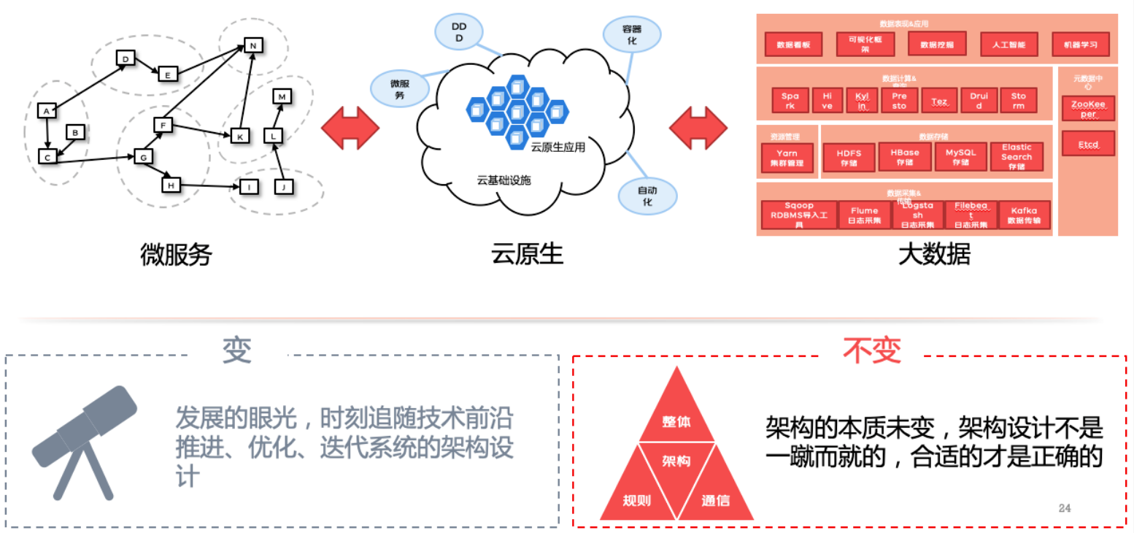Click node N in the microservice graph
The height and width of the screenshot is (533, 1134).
[x=252, y=45]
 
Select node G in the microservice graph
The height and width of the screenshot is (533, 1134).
[x=143, y=156]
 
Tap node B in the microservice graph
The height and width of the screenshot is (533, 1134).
[x=75, y=132]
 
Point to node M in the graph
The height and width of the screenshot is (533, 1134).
[x=282, y=96]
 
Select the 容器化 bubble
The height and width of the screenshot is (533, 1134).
[x=632, y=35]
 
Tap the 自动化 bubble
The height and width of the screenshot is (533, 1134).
[x=647, y=196]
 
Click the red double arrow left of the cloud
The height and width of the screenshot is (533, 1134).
[x=350, y=128]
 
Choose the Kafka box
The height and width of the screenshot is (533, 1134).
[x=1025, y=215]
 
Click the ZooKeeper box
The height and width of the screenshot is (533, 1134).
[x=1087, y=109]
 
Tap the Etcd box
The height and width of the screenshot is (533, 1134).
[x=1087, y=144]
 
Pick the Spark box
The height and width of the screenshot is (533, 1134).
[x=790, y=101]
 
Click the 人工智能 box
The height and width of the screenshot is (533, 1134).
[x=1008, y=45]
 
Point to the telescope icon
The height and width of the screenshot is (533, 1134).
[x=82, y=440]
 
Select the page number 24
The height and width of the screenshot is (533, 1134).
[x=1064, y=508]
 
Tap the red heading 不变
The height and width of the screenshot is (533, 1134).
[x=872, y=352]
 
